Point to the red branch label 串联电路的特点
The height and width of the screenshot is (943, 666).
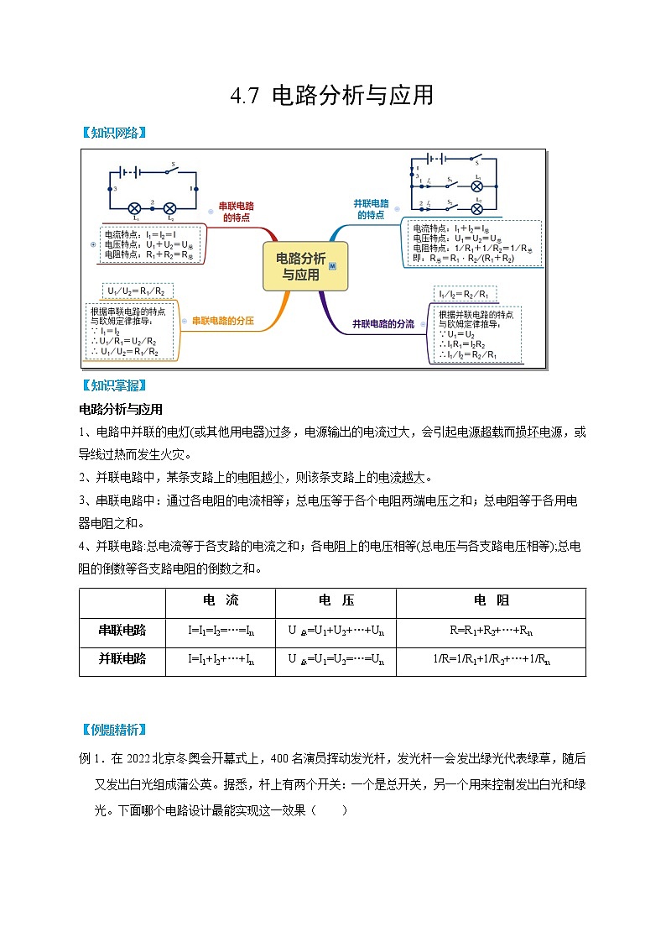pyautogui.click(x=236, y=211)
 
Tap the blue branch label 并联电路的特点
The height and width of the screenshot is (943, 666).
pyautogui.click(x=372, y=209)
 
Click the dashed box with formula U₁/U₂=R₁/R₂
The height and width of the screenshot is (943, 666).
pyautogui.click(x=137, y=291)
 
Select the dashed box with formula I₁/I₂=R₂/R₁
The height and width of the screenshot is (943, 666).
pyautogui.click(x=466, y=295)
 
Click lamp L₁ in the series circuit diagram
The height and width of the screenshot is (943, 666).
pyautogui.click(x=133, y=208)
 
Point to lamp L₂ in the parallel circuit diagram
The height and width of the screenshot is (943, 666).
pyautogui.click(x=477, y=208)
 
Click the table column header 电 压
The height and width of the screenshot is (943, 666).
pyautogui.click(x=336, y=601)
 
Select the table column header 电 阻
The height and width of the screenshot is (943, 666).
pyautogui.click(x=491, y=601)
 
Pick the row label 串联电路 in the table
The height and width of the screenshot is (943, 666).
pyautogui.click(x=122, y=630)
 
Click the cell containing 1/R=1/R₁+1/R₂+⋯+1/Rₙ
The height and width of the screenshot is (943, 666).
pyautogui.click(x=491, y=659)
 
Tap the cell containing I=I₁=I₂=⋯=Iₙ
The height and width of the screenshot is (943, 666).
pyautogui.click(x=221, y=630)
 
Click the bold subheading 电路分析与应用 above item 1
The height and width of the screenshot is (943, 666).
pyautogui.click(x=120, y=410)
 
